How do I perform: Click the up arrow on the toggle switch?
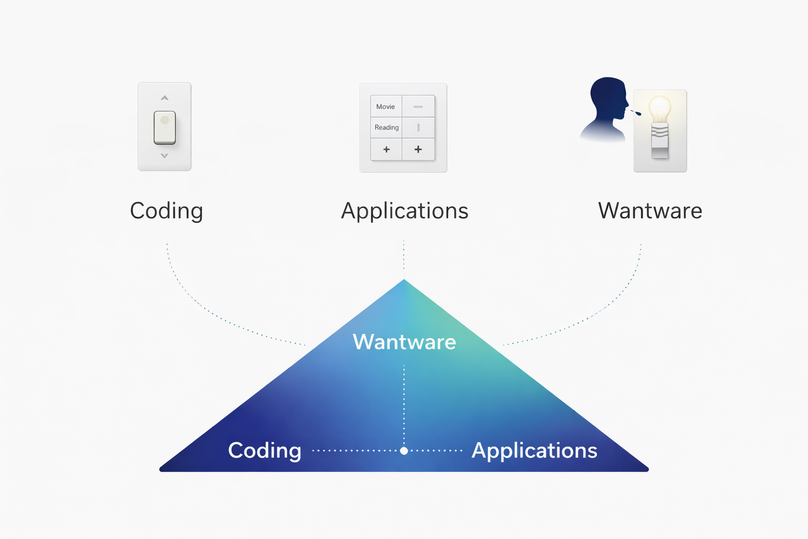(165, 98)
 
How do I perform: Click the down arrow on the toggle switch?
(165, 156)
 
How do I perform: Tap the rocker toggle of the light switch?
(165, 127)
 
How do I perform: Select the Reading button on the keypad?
(387, 127)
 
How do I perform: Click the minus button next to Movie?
(418, 106)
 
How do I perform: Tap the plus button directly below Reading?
(387, 149)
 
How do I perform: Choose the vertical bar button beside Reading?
(418, 127)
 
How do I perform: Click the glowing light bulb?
(660, 111)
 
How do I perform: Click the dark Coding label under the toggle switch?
(166, 211)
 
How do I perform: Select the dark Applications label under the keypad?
(405, 211)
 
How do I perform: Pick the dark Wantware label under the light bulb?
(650, 211)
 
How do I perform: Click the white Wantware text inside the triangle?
(404, 342)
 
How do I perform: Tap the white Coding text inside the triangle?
(265, 451)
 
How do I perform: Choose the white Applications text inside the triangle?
(534, 451)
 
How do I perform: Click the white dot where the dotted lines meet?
(404, 451)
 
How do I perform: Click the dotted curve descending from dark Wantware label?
(605, 308)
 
